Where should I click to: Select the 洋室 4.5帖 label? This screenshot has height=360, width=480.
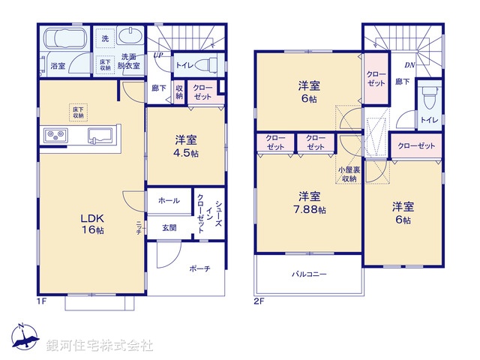coord(187,145)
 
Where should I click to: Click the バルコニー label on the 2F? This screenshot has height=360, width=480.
coord(309,274)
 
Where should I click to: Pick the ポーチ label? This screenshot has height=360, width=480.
coord(199,268)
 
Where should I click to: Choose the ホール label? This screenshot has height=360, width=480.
coord(169,201)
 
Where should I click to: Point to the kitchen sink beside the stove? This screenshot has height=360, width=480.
coord(100,136)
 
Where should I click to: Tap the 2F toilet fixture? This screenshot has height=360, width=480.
coord(428,98)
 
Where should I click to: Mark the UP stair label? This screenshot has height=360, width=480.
coord(158,55)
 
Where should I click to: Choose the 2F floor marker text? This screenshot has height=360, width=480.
coord(259,301)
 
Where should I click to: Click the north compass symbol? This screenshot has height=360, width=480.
coord(25,339)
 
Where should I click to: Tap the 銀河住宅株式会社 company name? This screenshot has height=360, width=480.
coord(100,346)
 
